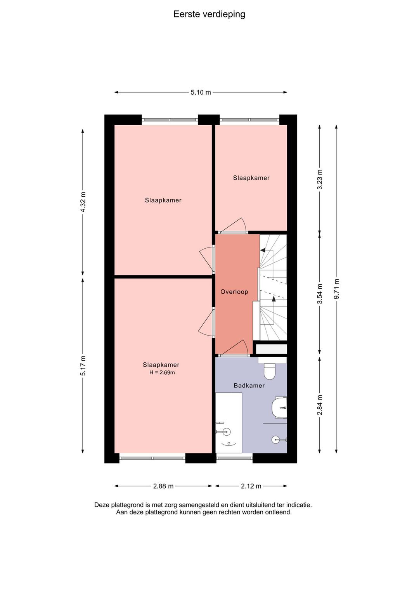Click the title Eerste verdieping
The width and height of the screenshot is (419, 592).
[x=209, y=14]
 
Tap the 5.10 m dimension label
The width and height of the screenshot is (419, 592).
[x=201, y=92]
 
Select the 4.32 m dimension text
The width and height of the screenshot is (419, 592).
[x=83, y=202]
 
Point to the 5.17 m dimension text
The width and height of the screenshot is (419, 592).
[x=83, y=365]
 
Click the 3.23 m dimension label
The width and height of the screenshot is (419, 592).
[x=320, y=179]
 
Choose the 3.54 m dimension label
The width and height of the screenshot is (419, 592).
[x=320, y=294]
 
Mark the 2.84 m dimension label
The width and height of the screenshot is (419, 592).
[x=320, y=405]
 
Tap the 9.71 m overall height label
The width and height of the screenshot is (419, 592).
[x=336, y=289]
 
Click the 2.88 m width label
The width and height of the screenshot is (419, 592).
[x=163, y=486]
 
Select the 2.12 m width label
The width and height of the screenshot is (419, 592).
[x=251, y=486]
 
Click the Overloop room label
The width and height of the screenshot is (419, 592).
[x=234, y=292]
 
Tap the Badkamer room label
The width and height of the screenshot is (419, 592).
[x=249, y=386]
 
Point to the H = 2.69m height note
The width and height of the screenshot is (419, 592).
[x=162, y=373]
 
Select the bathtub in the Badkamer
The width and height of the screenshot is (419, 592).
[x=229, y=423]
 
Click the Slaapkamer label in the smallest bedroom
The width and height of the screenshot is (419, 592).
[x=251, y=178]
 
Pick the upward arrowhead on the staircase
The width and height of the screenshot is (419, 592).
[x=274, y=299]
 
